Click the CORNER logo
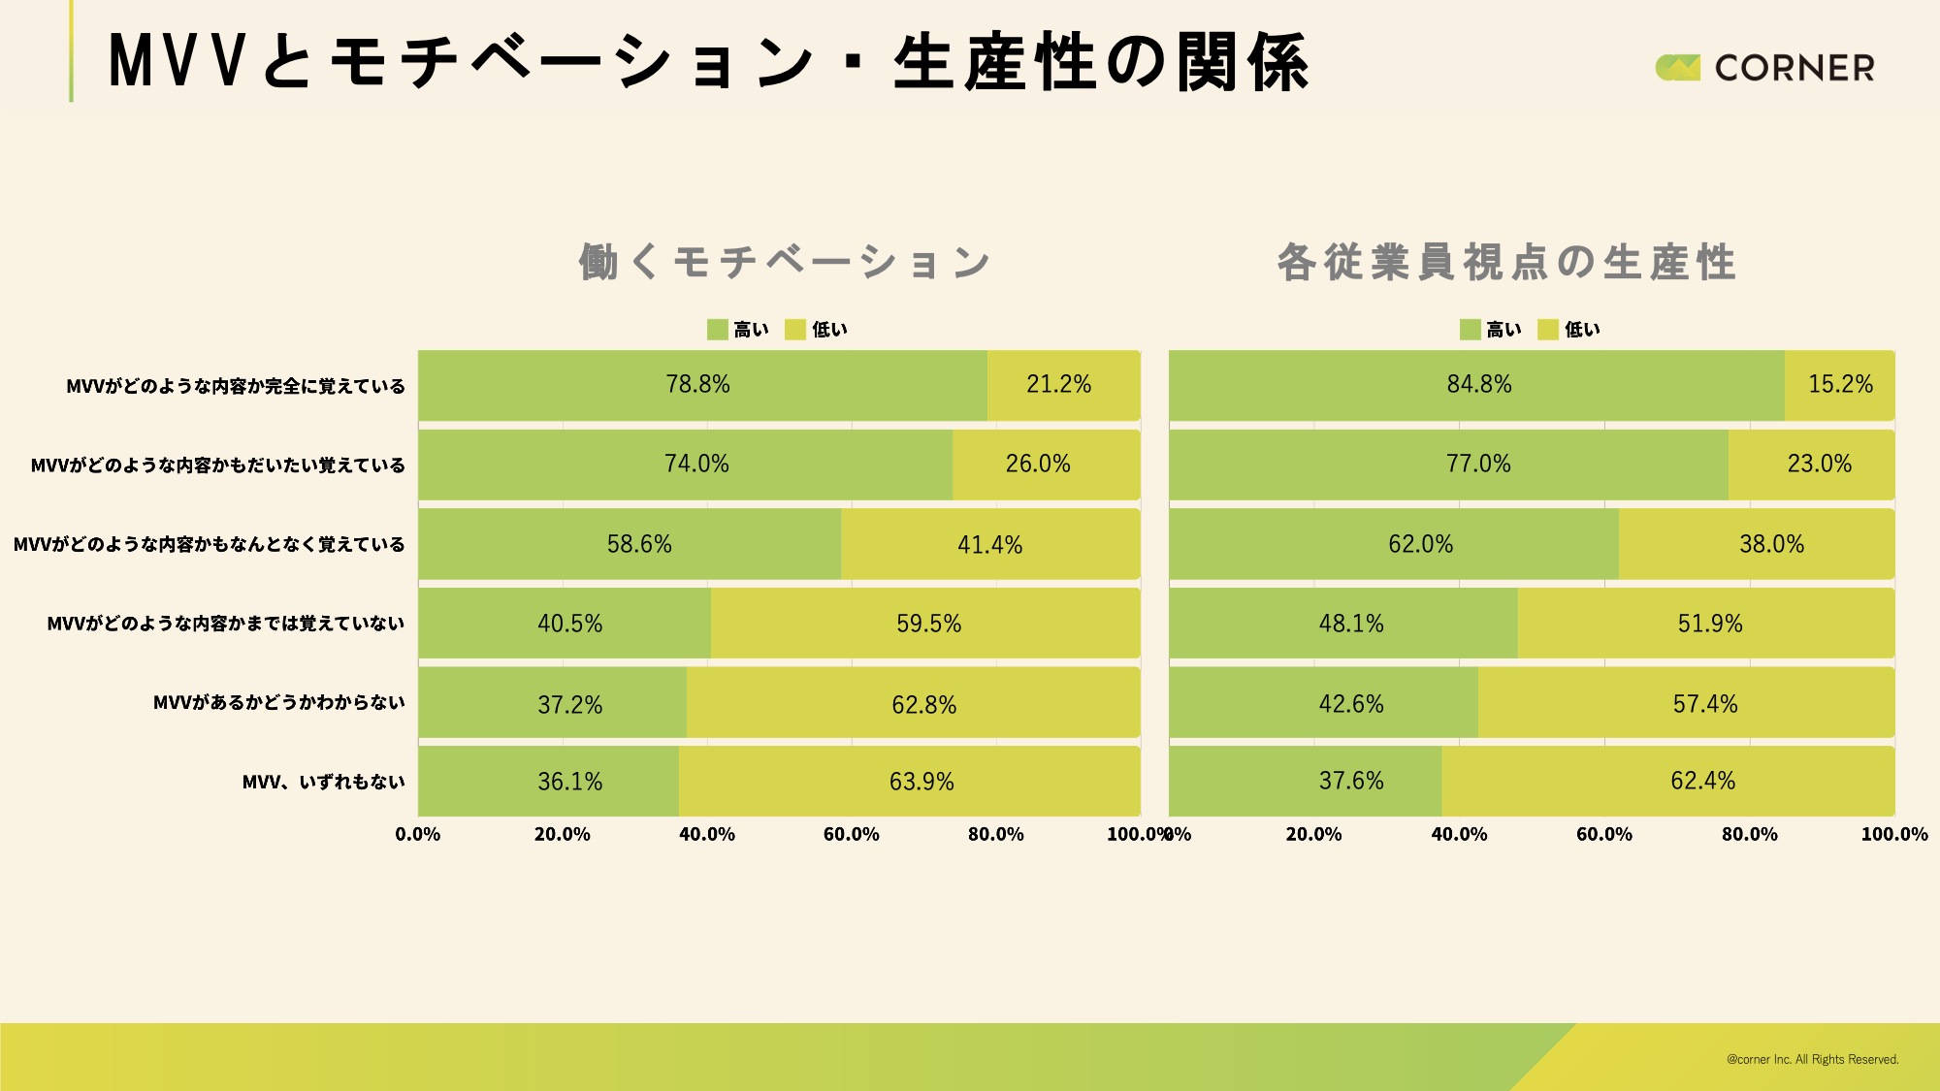pos(1764,67)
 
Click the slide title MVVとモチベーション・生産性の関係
pos(708,62)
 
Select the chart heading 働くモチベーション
pos(784,262)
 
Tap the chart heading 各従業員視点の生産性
pos(1505,262)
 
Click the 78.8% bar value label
pos(697,384)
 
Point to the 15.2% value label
pos(1840,384)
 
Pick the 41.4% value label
pos(989,544)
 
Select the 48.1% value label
pos(1350,624)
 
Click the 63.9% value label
pos(921,782)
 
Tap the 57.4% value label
pos(1704,703)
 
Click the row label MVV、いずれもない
pos(323,782)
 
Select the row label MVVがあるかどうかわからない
pos(278,702)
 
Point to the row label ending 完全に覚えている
pos(235,386)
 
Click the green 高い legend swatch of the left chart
pos(717,330)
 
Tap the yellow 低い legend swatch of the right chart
pos(1547,330)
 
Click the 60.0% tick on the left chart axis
pos(851,834)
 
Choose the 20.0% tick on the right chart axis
pos(1313,834)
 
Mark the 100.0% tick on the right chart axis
pos(1893,834)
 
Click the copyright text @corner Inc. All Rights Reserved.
pos(1812,1059)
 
